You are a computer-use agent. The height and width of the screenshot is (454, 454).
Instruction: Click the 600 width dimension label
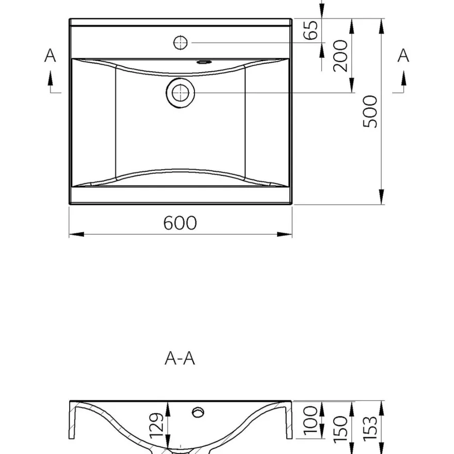click(180, 223)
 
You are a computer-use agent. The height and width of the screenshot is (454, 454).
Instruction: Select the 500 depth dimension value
click(370, 111)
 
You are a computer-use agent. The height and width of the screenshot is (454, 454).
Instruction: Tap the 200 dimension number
click(340, 56)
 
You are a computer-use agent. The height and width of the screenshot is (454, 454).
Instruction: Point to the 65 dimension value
click(311, 30)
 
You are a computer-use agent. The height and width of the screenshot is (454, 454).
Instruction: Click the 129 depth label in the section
click(157, 425)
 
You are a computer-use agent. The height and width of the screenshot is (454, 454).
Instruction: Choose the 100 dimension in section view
click(311, 420)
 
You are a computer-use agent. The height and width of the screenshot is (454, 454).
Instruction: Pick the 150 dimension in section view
click(340, 430)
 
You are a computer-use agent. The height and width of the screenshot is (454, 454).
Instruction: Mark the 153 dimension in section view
click(370, 429)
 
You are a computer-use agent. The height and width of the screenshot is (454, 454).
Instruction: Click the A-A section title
click(180, 359)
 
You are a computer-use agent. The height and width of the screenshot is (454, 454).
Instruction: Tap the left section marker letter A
click(50, 55)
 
